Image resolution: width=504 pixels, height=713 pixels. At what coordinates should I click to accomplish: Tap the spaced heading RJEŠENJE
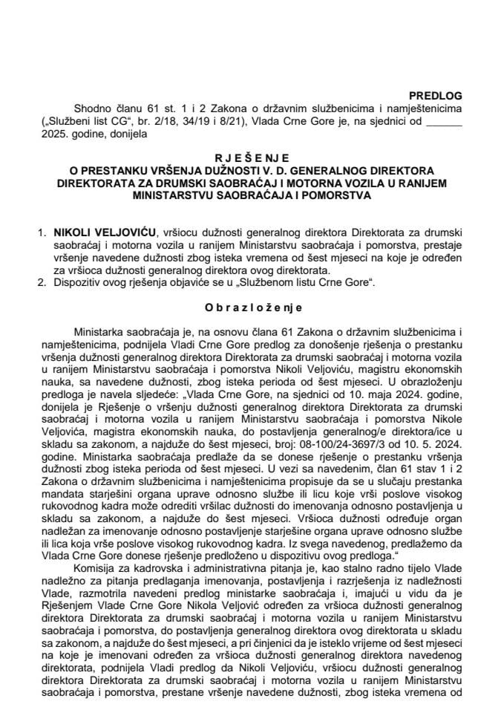pyautogui.click(x=252, y=158)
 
